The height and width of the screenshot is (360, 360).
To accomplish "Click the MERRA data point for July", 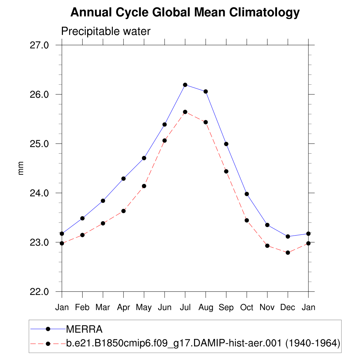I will pyautogui.click(x=185, y=85).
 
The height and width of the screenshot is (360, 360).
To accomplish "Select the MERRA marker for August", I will pyautogui.click(x=206, y=91).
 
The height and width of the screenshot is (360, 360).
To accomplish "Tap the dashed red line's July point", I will pyautogui.click(x=185, y=112).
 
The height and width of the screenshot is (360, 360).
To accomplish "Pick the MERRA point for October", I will pyautogui.click(x=247, y=194).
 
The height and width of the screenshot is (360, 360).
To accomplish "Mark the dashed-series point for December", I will pyautogui.click(x=288, y=252).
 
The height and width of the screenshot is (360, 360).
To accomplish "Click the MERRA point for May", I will pyautogui.click(x=144, y=158).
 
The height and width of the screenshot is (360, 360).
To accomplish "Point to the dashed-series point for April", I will pyautogui.click(x=123, y=211).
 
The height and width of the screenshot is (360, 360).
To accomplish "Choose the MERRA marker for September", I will pyautogui.click(x=226, y=144).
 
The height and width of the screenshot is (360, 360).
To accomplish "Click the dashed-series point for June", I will pyautogui.click(x=165, y=140).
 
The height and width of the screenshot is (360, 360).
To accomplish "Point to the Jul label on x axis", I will pyautogui.click(x=185, y=307).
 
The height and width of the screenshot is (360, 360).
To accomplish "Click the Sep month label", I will pyautogui.click(x=226, y=307).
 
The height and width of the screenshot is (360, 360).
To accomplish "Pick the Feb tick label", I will pyautogui.click(x=82, y=307).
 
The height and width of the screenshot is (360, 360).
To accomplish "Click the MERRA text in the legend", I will pyautogui.click(x=84, y=329).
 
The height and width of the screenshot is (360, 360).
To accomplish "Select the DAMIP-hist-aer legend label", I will pyautogui.click(x=203, y=343).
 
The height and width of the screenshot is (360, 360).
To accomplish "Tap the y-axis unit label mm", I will pyautogui.click(x=21, y=168).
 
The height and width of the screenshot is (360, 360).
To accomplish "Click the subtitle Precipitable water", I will pyautogui.click(x=106, y=31).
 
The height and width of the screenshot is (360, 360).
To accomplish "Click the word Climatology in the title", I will pyautogui.click(x=264, y=13).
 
